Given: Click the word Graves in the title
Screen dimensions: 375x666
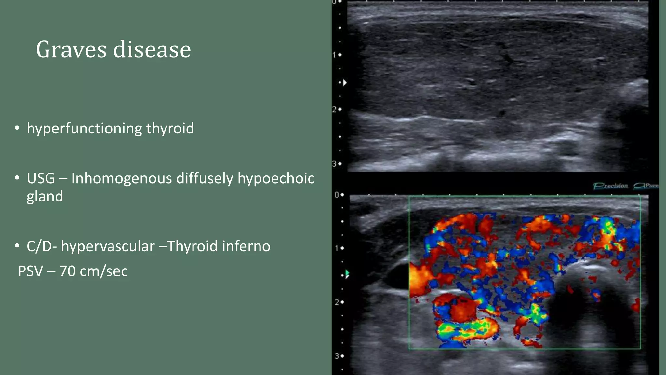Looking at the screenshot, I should click(71, 49).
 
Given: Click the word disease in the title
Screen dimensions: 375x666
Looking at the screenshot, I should click(152, 49).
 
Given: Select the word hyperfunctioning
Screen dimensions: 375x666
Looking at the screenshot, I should click(84, 129).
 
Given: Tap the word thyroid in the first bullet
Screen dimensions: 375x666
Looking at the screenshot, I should click(170, 128).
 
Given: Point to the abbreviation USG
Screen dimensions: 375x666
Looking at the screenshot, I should click(41, 178).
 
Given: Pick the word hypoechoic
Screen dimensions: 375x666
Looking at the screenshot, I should click(276, 178).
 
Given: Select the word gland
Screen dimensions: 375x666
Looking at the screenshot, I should click(45, 196).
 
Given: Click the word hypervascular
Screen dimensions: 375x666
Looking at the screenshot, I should click(108, 246).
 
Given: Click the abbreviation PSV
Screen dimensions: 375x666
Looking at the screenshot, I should click(30, 271).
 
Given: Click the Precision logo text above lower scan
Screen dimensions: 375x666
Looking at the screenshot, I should click(610, 186).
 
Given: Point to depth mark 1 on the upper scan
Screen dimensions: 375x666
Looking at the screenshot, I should click(334, 55).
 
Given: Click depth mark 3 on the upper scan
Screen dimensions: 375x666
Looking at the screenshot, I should click(334, 164).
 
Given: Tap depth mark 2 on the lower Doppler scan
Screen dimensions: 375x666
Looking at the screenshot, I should click(337, 302).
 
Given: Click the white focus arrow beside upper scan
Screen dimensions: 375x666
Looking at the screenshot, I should click(345, 83).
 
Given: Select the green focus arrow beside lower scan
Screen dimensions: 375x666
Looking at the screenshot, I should click(347, 274).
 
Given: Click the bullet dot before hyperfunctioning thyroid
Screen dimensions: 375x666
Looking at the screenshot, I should click(17, 128).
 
